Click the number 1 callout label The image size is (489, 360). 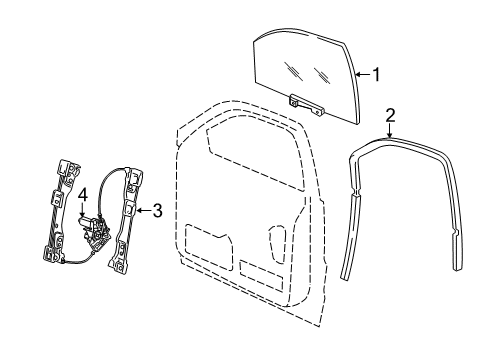(x=377, y=73)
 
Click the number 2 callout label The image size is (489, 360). (x=392, y=115)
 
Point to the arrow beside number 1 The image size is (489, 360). (x=363, y=73)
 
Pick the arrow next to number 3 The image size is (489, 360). (x=142, y=210)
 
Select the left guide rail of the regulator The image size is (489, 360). (x=60, y=210)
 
